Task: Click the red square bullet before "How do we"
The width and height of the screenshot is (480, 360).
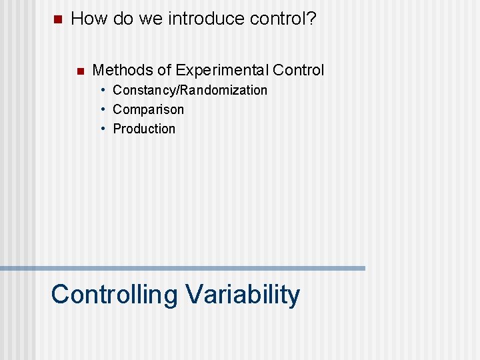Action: tap(56, 19)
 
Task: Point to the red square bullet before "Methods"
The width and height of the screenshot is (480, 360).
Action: tap(79, 71)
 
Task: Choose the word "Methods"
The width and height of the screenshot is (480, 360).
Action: tap(122, 70)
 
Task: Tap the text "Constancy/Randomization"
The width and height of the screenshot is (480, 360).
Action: tap(190, 90)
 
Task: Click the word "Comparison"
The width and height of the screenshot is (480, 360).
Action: tap(148, 109)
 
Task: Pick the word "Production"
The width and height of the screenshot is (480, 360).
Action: tap(144, 129)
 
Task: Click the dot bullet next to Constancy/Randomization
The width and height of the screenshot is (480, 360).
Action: tap(104, 90)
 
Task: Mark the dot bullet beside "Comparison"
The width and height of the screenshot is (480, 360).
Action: tap(104, 109)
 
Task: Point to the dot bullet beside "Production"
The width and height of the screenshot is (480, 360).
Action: tap(104, 129)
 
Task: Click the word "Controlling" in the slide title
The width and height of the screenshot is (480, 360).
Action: tap(114, 295)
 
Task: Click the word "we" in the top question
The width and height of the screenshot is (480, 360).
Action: tap(150, 19)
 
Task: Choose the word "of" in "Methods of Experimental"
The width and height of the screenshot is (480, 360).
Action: tap(164, 70)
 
